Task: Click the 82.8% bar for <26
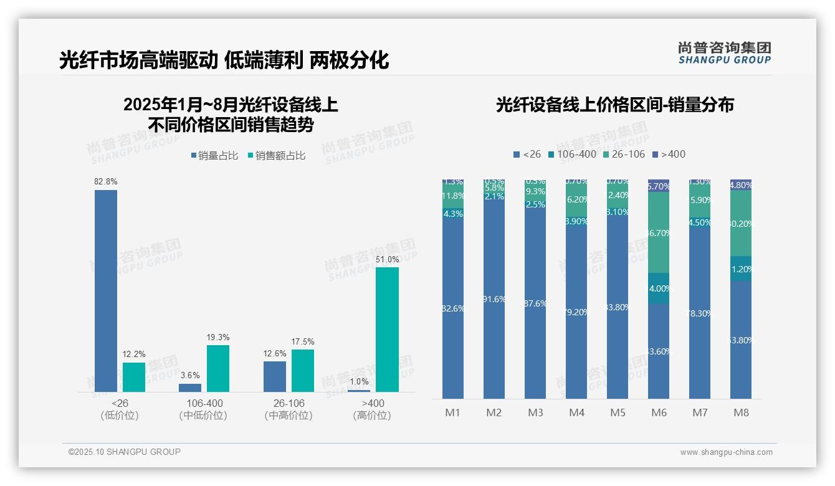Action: coord(106,290)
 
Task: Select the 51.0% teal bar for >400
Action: coord(387,329)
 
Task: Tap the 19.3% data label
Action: coord(218,337)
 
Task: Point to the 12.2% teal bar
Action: coord(134,377)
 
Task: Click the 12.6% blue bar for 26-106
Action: coord(275,376)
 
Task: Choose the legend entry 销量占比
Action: coord(214,156)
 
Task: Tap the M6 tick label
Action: coord(659,413)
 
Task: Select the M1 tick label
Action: coord(452,413)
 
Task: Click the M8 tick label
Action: coord(741,413)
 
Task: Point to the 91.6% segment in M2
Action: coord(494,299)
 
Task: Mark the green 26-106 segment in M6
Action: coord(659,232)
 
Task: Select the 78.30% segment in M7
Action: coord(700,313)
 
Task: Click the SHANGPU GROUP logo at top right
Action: coord(724,52)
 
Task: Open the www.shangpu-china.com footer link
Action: coord(726,452)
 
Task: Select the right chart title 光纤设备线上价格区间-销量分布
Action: coord(614,105)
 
